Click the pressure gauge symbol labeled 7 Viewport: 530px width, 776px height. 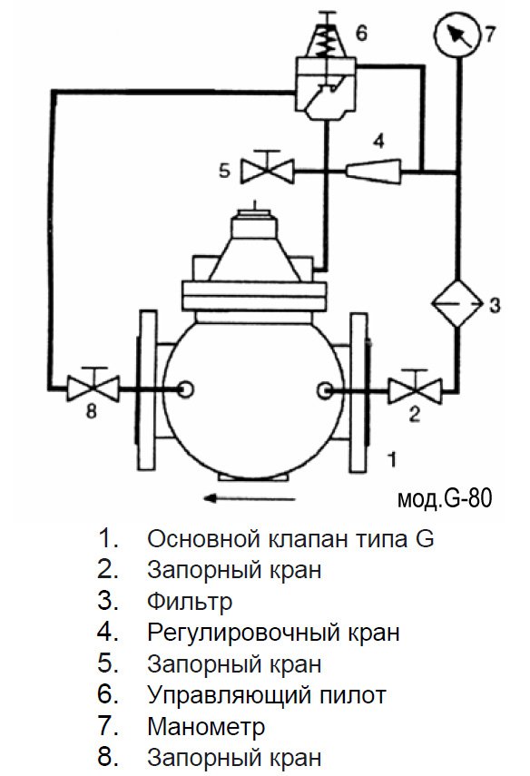(x=457, y=34)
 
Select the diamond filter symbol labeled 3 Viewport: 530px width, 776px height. (x=457, y=303)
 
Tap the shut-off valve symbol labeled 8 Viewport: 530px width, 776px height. (x=93, y=386)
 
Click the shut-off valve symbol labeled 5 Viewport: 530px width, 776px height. (x=267, y=169)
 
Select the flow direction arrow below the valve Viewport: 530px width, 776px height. (x=250, y=498)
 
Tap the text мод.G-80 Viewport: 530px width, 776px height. (x=445, y=499)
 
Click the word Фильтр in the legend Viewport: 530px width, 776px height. (x=190, y=602)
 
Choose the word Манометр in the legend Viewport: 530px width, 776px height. (x=206, y=726)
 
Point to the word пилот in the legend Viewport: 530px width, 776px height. (x=352, y=695)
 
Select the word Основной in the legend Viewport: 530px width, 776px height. (x=204, y=538)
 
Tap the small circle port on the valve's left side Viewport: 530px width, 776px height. (x=185, y=389)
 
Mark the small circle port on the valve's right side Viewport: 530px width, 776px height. (x=324, y=390)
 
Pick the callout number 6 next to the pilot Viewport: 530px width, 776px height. (x=362, y=33)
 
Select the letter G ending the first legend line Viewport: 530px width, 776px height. (x=424, y=538)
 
